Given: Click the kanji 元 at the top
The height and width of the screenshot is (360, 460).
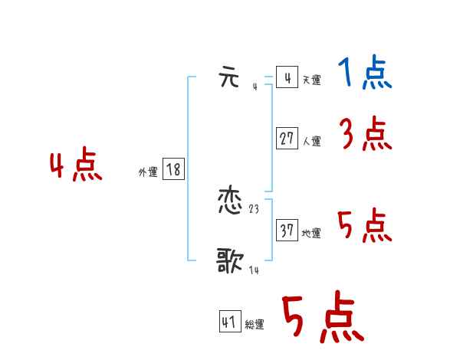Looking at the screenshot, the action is point(229,78).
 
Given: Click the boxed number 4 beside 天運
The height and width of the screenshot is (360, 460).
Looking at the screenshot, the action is point(287,78).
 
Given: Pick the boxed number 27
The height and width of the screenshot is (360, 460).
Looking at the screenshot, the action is point(287,139).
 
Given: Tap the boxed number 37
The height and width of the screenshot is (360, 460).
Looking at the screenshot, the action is point(287,231).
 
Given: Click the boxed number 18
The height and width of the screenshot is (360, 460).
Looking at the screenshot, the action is point(173,170).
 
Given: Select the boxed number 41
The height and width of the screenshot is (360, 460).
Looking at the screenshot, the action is point(229,322).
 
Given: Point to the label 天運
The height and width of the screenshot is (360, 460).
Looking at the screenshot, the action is point(311,80).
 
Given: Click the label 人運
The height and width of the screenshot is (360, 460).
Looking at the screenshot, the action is point(311,142).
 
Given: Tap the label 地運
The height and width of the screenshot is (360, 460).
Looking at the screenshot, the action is point(311,234).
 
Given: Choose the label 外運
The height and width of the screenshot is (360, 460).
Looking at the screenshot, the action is point(148,173).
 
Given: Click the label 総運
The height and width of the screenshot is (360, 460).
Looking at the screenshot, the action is point(255,326).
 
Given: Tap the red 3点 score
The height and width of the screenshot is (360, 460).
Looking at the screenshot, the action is point(365,136).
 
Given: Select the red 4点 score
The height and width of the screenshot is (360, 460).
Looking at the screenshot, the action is point(76,166).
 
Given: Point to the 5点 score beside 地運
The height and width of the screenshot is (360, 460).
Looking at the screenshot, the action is point(365,226).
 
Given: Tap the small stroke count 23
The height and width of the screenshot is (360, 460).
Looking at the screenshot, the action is point(255,208).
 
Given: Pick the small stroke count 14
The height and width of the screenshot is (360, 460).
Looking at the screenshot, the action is point(254,270).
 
